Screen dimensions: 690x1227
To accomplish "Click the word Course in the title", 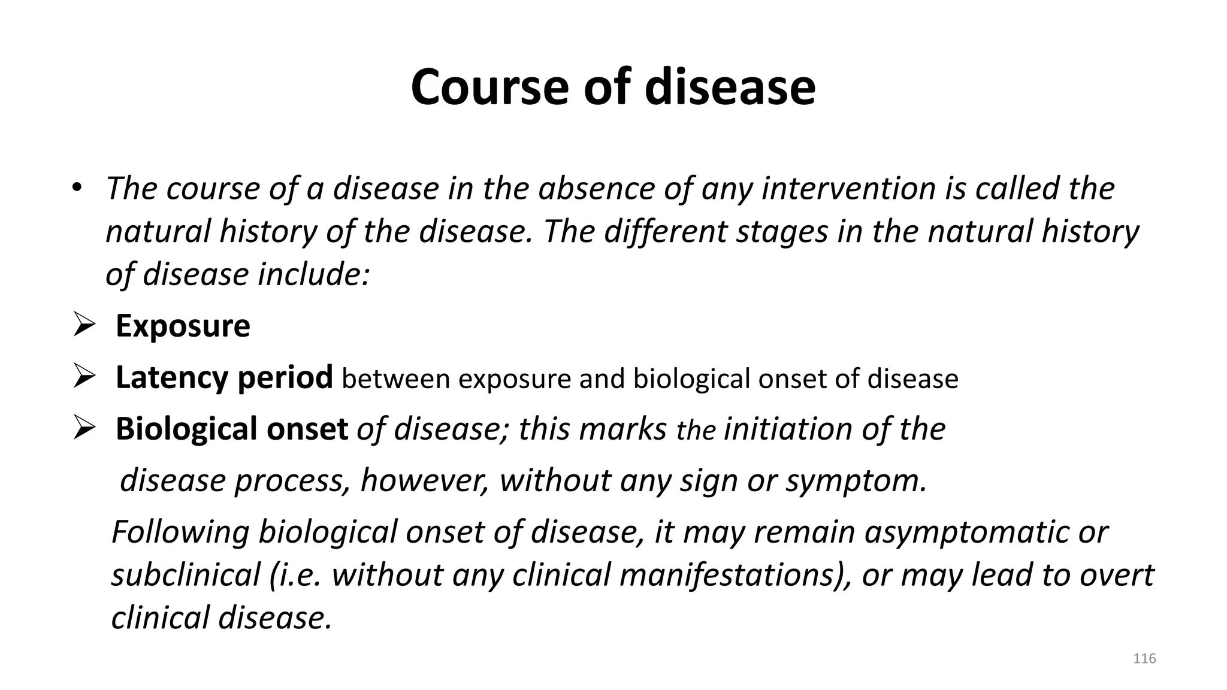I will click(489, 87).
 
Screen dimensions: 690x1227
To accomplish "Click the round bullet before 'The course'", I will click(76, 187).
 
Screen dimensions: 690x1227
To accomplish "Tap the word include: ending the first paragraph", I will click(313, 274).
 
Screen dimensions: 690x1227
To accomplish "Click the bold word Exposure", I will click(183, 326).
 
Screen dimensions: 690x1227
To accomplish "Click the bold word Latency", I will click(172, 377).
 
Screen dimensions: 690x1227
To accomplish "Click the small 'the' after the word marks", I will click(696, 431).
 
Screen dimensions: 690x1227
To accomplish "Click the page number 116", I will click(1144, 659).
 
